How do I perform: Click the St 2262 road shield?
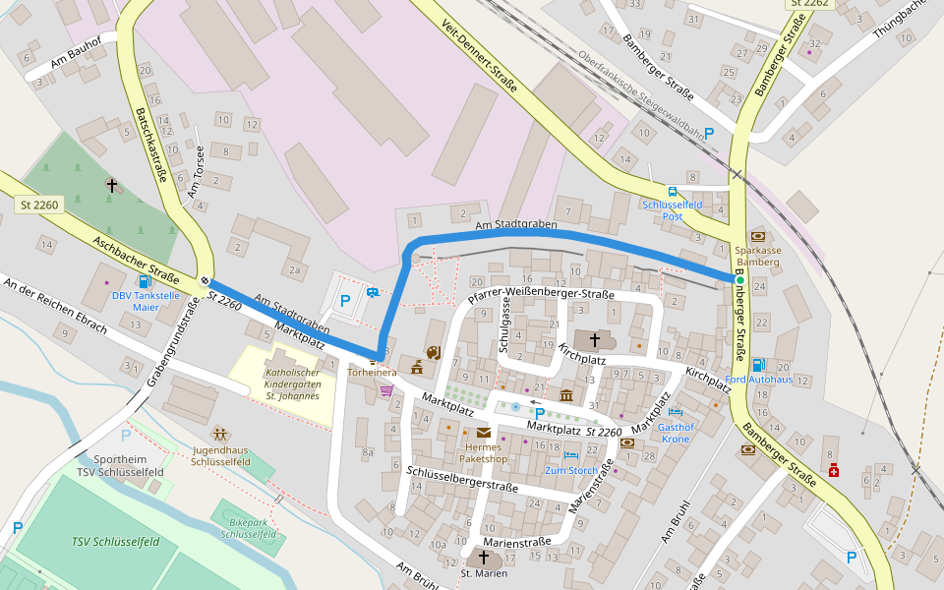809,4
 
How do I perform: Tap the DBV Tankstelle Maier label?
145,301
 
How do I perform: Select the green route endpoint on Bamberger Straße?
738,280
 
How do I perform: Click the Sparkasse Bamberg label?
757,257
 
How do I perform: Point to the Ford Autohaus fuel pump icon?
757,365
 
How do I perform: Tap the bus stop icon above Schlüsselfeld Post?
673,192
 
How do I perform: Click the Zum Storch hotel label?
571,471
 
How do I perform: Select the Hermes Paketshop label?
483,452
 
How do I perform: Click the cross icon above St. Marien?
483,557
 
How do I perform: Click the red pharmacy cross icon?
834,470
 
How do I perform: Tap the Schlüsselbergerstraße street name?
461,480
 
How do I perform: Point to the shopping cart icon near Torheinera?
386,389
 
